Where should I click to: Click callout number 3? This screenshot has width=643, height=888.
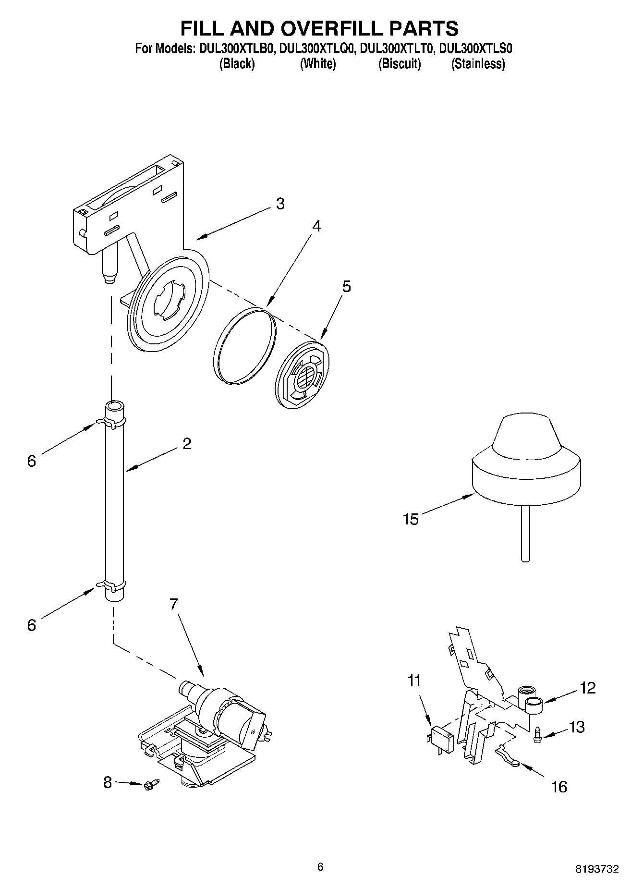[x=280, y=204]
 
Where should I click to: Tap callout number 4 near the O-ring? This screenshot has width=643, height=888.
[x=315, y=226]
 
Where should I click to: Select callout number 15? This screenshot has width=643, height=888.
[x=411, y=519]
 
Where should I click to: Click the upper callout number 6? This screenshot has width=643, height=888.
[x=32, y=461]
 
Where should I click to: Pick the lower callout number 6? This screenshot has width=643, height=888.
[x=32, y=625]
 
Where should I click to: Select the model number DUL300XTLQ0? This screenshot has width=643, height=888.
[x=317, y=49]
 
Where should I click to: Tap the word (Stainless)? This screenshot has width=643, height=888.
[x=478, y=64]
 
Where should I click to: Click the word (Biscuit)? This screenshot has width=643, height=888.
[x=400, y=64]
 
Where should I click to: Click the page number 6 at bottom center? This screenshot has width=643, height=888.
[x=321, y=866]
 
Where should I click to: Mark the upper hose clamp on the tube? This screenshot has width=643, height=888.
[x=112, y=422]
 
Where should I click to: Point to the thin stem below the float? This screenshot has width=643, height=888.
[x=525, y=533]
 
